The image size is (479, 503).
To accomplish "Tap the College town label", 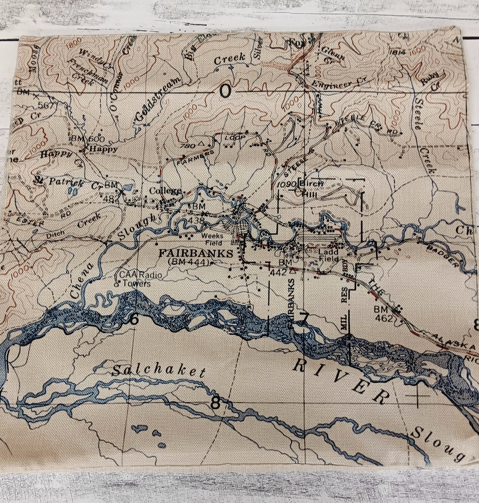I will coord(165,191).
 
